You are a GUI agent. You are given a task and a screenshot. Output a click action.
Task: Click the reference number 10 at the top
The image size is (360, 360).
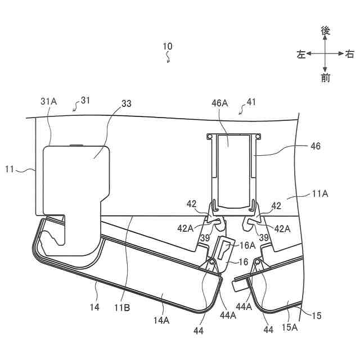(x=168, y=46)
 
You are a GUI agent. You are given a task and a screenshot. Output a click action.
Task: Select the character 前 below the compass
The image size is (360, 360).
(x=325, y=78)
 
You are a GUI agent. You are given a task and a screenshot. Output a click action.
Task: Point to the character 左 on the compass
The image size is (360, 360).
(x=301, y=55)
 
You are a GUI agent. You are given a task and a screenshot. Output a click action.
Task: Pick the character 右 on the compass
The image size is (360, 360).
(x=349, y=55)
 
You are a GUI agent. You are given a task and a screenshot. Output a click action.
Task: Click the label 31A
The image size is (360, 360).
(x=49, y=101)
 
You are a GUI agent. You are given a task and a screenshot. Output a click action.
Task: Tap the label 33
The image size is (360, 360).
(x=127, y=104)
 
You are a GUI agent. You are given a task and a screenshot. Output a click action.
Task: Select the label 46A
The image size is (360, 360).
(x=219, y=103)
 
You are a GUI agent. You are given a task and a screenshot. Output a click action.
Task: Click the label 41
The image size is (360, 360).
(x=251, y=102)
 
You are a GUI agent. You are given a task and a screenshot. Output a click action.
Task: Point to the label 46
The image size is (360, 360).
(x=315, y=146)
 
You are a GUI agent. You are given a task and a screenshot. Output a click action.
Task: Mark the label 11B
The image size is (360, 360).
(x=123, y=307)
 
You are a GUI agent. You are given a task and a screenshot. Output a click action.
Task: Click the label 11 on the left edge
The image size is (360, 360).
(x=10, y=168)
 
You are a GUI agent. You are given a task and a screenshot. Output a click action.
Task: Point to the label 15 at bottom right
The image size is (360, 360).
(x=317, y=316)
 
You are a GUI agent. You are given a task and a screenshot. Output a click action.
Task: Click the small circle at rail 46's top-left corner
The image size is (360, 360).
(x=209, y=136)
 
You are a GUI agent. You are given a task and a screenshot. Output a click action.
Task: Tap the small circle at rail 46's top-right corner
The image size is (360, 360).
(x=259, y=136)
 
